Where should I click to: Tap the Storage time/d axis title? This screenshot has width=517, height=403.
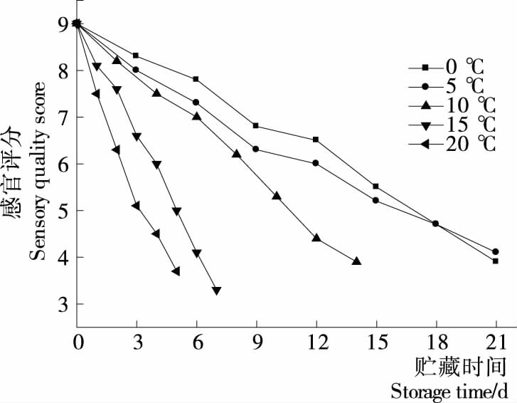point(450,391)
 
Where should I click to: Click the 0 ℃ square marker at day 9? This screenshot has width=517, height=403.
point(255,126)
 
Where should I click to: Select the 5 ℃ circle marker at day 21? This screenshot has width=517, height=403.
point(495,251)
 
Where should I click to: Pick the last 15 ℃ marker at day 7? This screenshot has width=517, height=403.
point(216,291)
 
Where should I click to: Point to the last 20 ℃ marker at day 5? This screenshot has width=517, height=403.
point(176,271)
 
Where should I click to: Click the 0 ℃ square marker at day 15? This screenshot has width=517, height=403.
point(375,187)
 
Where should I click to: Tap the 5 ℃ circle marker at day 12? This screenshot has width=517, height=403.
point(316,163)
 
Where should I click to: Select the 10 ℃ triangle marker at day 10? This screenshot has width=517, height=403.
point(277,196)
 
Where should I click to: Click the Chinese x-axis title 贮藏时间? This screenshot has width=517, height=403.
point(461,367)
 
